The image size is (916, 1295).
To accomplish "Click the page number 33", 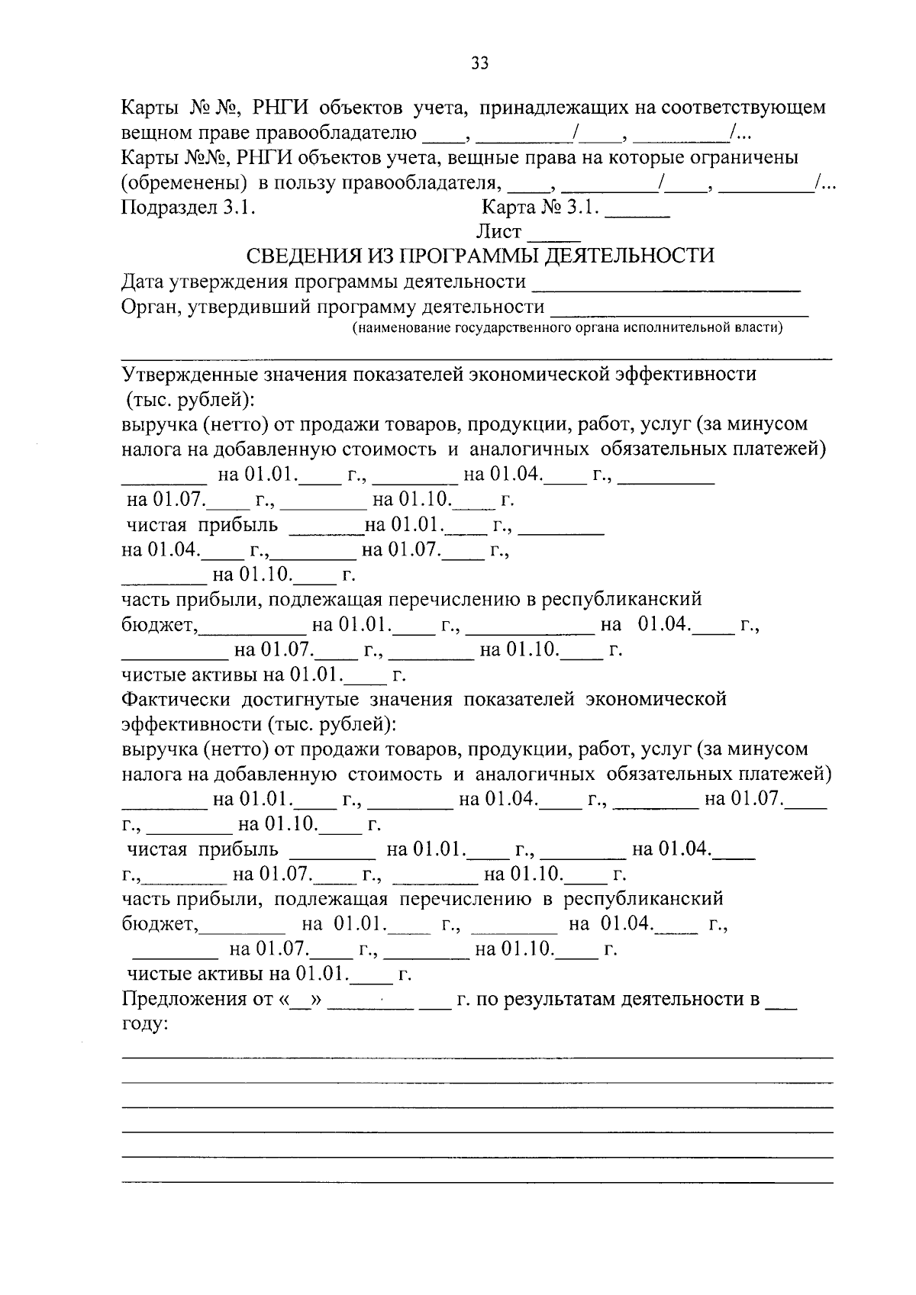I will tap(479, 63).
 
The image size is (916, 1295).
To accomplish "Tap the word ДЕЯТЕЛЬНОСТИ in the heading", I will tap(631, 256).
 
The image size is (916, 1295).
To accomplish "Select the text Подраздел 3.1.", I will tap(188, 208).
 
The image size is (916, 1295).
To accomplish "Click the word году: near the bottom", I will tap(145, 1024).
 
